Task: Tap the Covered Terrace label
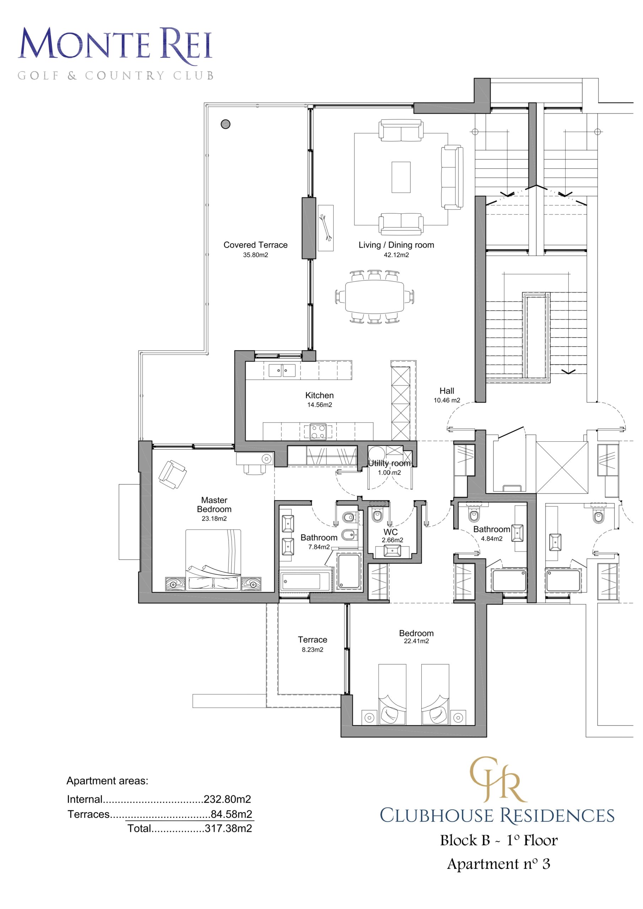(255, 245)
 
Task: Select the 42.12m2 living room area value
(396, 255)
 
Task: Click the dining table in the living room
(374, 297)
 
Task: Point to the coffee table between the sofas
(401, 177)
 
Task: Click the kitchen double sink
(282, 370)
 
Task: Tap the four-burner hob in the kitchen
(318, 431)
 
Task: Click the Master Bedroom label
(214, 505)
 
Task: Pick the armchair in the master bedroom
(172, 474)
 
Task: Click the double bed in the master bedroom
(213, 560)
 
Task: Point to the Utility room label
(389, 463)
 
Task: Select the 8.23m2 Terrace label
(313, 639)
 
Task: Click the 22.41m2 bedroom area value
(416, 641)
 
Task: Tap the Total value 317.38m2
(228, 828)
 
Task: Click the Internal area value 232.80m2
(227, 799)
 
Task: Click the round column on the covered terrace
(226, 124)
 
